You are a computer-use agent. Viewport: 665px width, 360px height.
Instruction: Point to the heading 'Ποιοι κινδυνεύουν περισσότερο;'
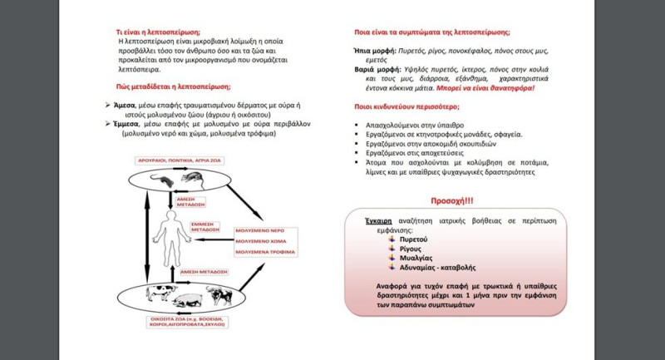click(x=420, y=106)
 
